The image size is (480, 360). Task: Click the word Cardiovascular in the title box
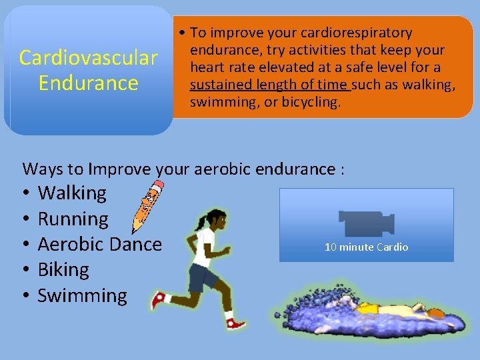88,58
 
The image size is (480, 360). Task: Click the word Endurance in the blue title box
88,83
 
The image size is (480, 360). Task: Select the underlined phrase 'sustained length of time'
269,85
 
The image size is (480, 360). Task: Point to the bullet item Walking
72,193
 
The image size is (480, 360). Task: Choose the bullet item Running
73,219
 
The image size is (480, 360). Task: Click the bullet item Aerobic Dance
99,244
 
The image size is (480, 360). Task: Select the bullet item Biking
63,270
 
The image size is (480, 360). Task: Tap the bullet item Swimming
82,296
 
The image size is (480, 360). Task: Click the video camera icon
366,223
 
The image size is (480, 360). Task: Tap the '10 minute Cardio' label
366,247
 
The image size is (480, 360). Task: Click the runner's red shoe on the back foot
159,299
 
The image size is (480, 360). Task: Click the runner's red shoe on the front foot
235,323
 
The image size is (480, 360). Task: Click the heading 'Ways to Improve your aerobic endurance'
183,169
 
